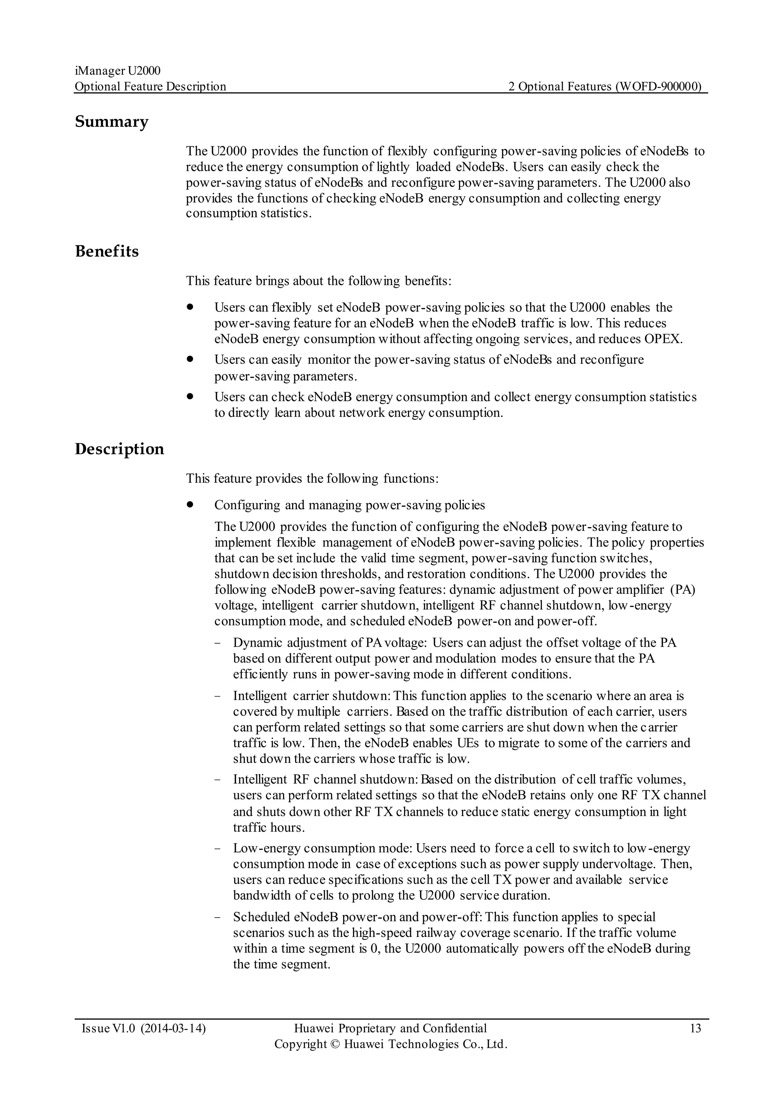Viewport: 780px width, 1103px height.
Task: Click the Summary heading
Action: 112,121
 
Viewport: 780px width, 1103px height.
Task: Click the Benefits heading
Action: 107,251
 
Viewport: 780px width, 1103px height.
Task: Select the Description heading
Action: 119,449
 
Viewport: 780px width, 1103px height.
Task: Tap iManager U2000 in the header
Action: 118,70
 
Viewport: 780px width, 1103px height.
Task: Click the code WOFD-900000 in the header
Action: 658,86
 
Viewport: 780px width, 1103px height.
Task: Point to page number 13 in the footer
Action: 695,1028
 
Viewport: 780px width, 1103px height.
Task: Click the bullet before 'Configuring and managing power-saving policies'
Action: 190,504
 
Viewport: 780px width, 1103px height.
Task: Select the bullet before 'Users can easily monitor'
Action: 190,358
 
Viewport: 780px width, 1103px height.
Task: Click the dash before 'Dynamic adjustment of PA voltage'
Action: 219,643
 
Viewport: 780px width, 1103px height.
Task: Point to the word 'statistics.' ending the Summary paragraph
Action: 286,213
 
